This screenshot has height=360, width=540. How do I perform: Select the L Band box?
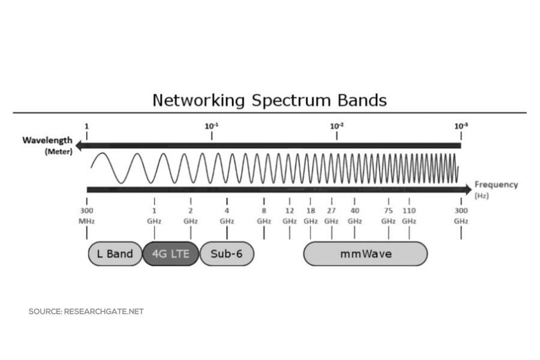[x=115, y=254]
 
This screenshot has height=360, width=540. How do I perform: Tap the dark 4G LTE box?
[x=170, y=254]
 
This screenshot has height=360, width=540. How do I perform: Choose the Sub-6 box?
[x=226, y=254]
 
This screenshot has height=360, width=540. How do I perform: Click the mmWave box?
[x=365, y=254]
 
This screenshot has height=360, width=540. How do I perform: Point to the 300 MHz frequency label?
[x=87, y=215]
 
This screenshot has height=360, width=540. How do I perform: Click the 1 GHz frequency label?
[x=154, y=215]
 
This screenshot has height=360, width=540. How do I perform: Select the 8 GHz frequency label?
[x=264, y=215]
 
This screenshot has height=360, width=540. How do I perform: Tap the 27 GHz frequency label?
[x=331, y=215]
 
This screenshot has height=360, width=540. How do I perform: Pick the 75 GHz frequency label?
[x=388, y=215]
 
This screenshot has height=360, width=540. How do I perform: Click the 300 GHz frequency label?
[x=461, y=215]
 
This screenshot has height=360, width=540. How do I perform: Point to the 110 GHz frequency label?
[x=409, y=215]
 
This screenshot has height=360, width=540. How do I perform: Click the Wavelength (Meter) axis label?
[x=48, y=145]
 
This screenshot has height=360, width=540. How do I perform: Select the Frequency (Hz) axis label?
[x=495, y=189]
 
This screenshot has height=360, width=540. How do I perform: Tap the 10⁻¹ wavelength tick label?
[x=211, y=126]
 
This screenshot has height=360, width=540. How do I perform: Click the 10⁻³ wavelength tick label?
[x=461, y=126]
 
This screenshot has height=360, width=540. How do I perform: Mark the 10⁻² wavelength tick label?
[x=337, y=126]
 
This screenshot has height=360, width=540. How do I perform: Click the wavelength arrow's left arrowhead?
[x=78, y=145]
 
